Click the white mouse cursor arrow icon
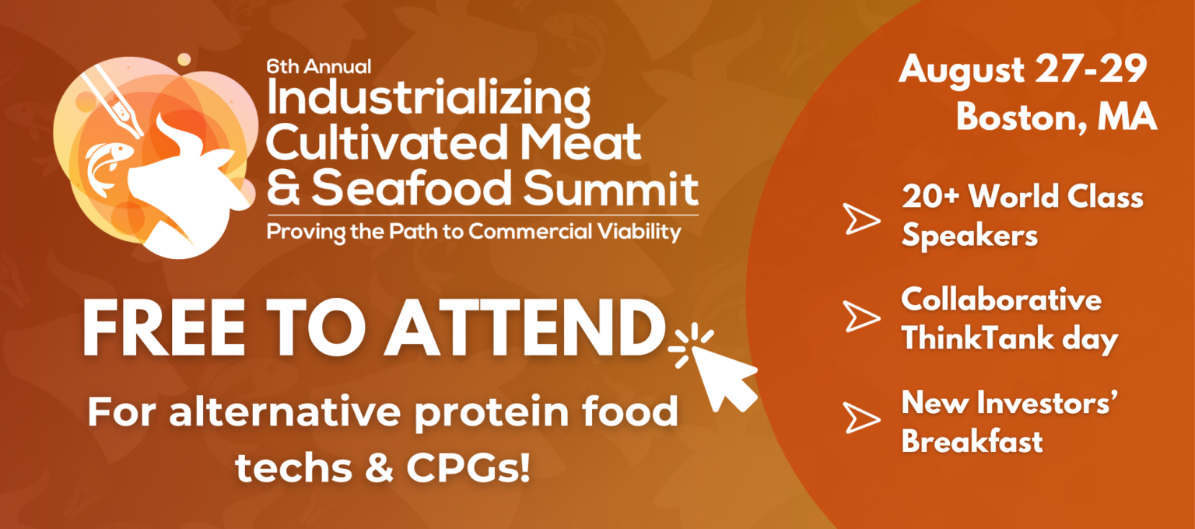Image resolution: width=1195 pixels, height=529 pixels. pyautogui.click(x=722, y=376)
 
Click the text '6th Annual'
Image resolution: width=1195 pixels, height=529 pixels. pyautogui.click(x=318, y=67)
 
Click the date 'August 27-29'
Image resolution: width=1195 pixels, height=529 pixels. pyautogui.click(x=1023, y=72)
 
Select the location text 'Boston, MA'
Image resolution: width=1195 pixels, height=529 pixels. pyautogui.click(x=1057, y=117)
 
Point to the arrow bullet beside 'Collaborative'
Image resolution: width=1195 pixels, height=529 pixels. pyautogui.click(x=862, y=317)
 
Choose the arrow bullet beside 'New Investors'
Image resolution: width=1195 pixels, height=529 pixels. pyautogui.click(x=862, y=419)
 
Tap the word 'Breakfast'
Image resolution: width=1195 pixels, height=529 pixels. pyautogui.click(x=972, y=441)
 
